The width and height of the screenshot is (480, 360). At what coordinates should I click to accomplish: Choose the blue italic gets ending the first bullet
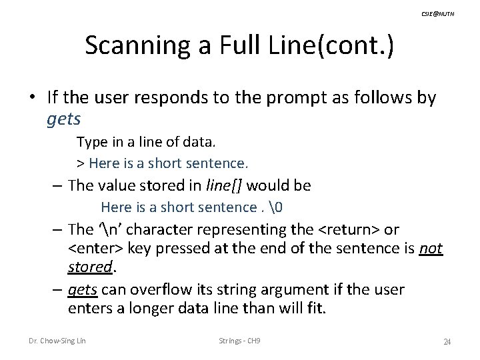point(64,120)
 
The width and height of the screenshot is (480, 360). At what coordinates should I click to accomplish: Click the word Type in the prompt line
point(89,142)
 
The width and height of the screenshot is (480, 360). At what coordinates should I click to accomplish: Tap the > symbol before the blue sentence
point(80,162)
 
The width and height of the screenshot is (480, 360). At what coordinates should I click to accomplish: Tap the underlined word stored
point(89,267)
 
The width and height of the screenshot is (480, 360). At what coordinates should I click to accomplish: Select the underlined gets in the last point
point(83,290)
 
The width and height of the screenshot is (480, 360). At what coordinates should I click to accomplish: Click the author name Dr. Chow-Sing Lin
point(57,341)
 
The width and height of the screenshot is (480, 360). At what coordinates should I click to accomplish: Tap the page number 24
point(447,342)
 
